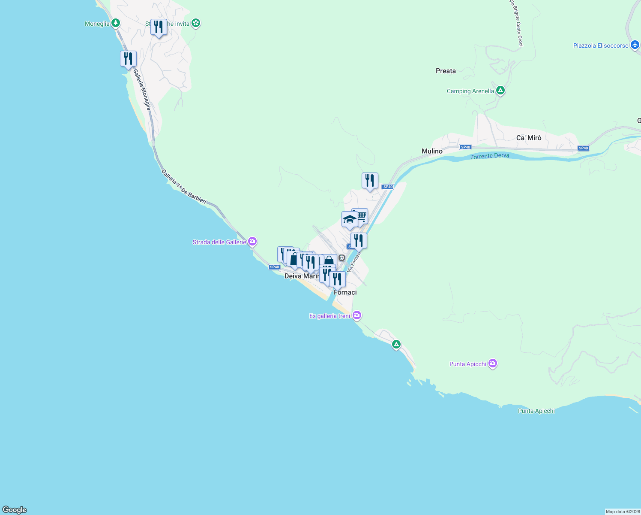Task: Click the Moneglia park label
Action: pos(97,24)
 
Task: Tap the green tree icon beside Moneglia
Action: pos(115,23)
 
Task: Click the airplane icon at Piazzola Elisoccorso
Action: pos(635,45)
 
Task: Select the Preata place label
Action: pos(446,71)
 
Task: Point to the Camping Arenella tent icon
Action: pos(500,91)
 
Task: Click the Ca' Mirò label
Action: pos(529,138)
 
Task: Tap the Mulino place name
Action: pos(432,151)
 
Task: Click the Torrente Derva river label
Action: pos(490,156)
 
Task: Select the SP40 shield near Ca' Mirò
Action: pos(583,148)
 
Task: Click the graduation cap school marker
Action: pos(349,220)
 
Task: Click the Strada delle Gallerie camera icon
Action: pos(252,242)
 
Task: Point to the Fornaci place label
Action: pos(345,292)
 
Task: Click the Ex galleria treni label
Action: pos(330,316)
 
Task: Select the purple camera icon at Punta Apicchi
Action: pos(493,364)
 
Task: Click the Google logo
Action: pos(15,509)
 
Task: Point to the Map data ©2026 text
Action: pos(623,512)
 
